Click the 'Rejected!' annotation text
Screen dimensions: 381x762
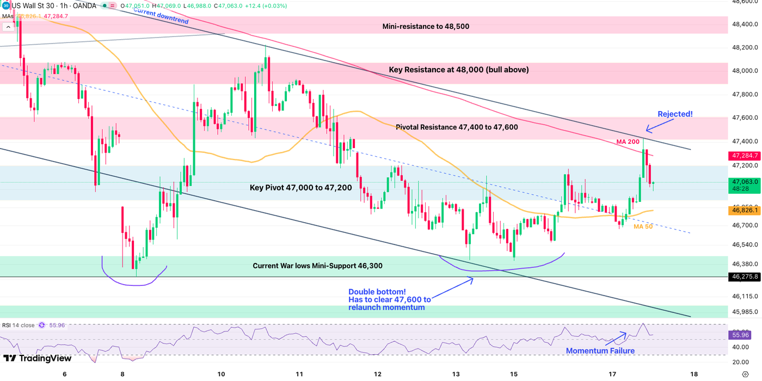(x=675, y=114)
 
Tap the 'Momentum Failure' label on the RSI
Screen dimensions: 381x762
(x=600, y=351)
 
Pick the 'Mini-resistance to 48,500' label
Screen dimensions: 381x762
(x=433, y=26)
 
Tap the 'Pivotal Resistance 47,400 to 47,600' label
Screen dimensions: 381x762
(x=457, y=127)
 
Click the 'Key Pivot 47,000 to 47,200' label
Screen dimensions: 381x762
(x=300, y=188)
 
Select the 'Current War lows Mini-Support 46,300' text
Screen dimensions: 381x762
(x=317, y=266)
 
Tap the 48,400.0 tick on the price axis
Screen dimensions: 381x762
(x=745, y=24)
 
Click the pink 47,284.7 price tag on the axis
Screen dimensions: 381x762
(x=744, y=156)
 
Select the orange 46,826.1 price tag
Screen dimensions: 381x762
(x=744, y=210)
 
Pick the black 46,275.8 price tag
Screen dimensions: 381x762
(x=744, y=277)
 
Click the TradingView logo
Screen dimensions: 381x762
(x=37, y=358)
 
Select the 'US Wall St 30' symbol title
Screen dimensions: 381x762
(x=34, y=5)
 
